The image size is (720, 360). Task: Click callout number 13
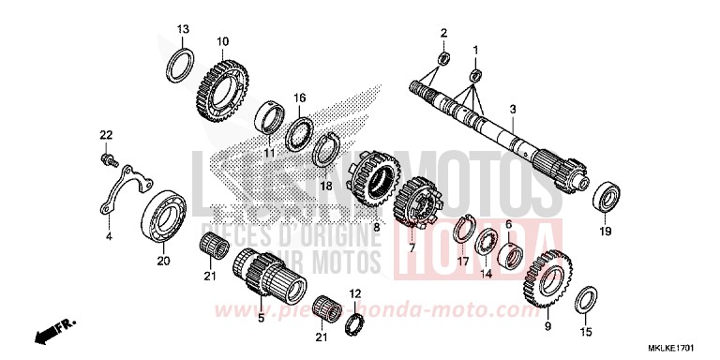(x=182, y=27)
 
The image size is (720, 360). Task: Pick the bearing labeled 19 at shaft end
(x=605, y=197)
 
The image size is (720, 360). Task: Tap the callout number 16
(x=299, y=97)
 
